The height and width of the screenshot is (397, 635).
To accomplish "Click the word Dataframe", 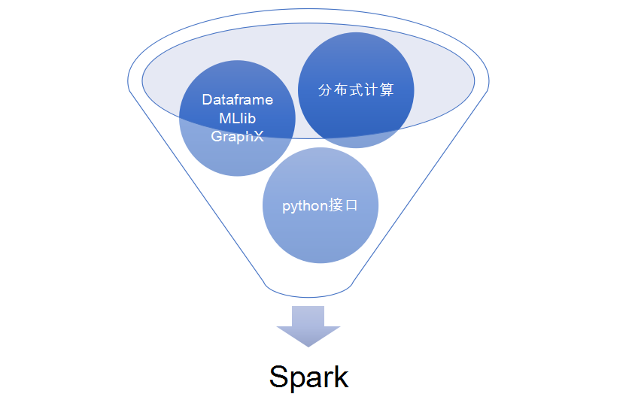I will point(238,100).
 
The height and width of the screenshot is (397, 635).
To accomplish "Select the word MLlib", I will point(238,118).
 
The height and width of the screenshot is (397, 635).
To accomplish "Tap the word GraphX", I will point(238,136).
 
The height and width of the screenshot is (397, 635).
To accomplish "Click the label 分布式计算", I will point(356,89).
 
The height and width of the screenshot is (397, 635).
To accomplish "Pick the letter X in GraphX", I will point(259,136).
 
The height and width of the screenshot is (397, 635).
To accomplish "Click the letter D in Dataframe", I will point(207,100).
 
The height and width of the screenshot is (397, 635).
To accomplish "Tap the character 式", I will point(356,89).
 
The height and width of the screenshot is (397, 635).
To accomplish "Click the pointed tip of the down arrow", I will point(308,345).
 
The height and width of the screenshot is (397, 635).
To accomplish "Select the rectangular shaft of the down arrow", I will point(308,317).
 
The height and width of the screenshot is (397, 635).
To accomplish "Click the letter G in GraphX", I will point(217,136).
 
